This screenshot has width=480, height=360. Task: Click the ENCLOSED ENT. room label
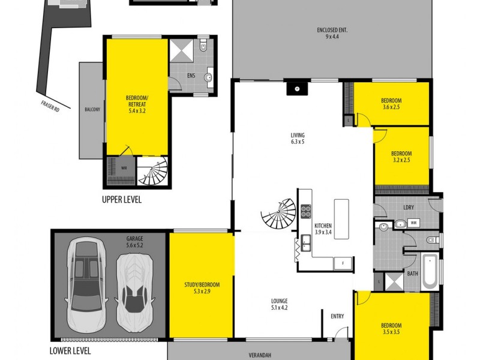coord(332,29)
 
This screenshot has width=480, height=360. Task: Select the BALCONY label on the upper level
coord(92,110)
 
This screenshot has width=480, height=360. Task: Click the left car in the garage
coord(86,284)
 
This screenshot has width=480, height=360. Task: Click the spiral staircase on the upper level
coord(154,172)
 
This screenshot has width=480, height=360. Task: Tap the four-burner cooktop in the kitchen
coord(305,211)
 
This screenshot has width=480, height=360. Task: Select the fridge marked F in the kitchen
coord(343,263)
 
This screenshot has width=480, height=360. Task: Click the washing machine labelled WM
coord(413,223)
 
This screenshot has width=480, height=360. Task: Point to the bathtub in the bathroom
coord(428,272)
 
